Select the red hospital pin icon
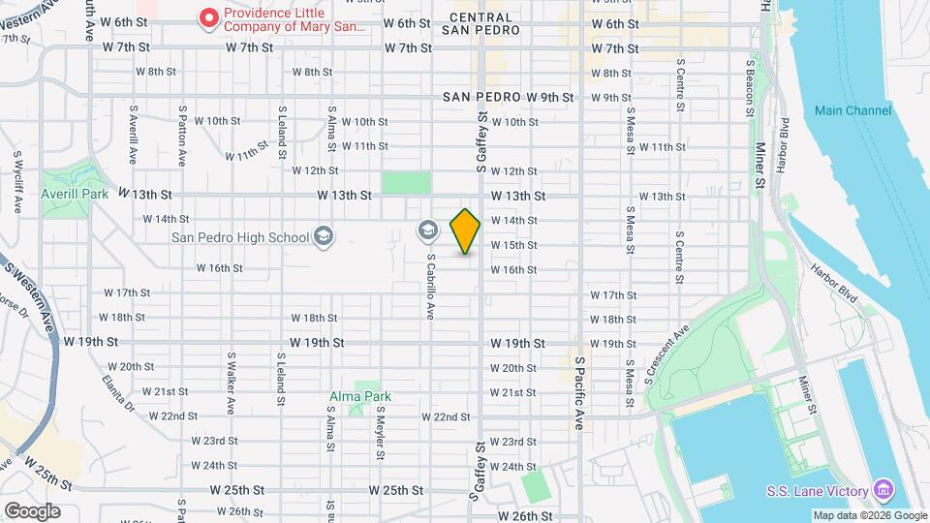[207, 17]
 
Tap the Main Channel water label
[852, 110]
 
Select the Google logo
[31, 510]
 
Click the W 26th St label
[519, 516]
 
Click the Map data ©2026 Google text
[869, 515]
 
